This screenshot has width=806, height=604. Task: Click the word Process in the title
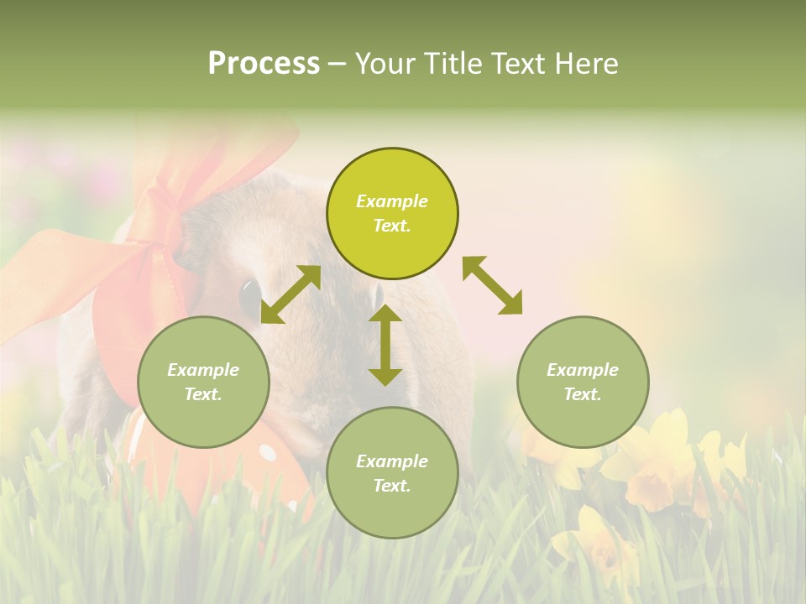tap(264, 64)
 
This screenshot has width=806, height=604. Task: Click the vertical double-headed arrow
tap(385, 346)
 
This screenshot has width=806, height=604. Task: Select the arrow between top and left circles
tap(290, 294)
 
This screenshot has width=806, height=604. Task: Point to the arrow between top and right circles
tap(493, 286)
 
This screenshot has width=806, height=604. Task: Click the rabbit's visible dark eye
tap(250, 294)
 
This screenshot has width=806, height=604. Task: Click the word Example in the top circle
tap(392, 201)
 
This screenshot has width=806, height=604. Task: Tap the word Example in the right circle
tap(583, 370)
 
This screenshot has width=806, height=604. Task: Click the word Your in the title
tap(385, 64)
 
